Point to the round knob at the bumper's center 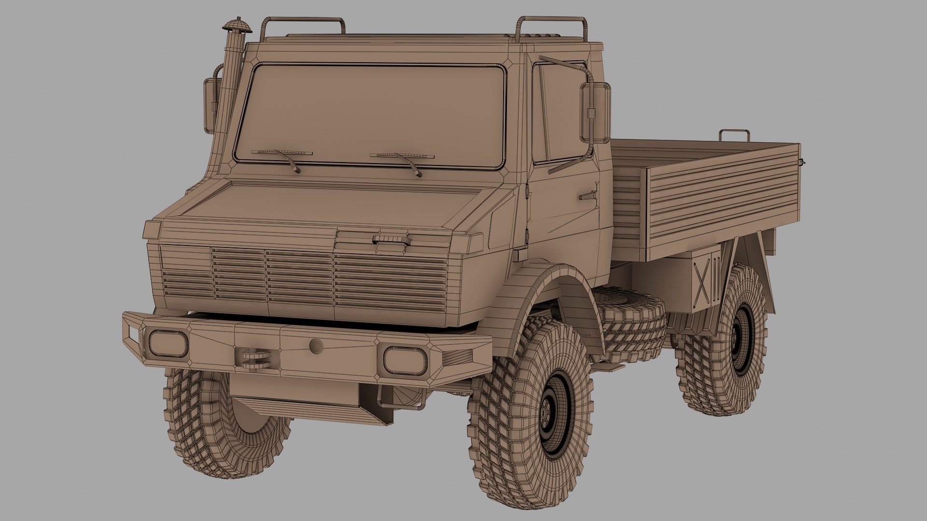tap(316, 345)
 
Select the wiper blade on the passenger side tap(402, 156)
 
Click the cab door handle tap(588, 196)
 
